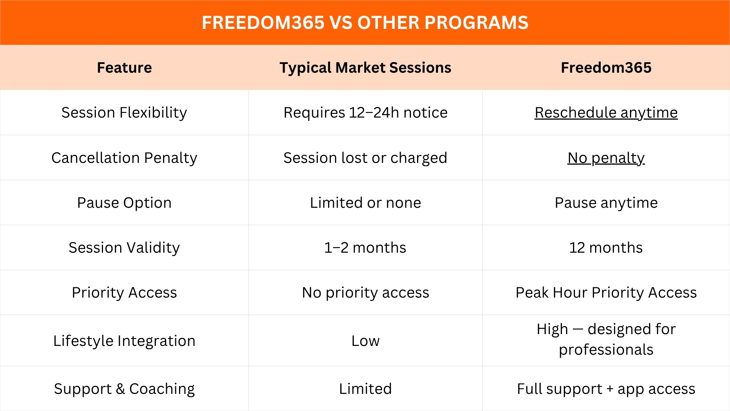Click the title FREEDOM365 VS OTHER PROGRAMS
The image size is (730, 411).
pyautogui.click(x=365, y=22)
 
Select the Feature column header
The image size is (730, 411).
pyautogui.click(x=124, y=67)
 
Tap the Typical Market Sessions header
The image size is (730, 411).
pyautogui.click(x=365, y=67)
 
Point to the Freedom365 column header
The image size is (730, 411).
pyautogui.click(x=606, y=67)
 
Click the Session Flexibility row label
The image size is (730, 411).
pyautogui.click(x=124, y=113)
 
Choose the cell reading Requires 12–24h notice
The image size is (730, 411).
pyautogui.click(x=365, y=113)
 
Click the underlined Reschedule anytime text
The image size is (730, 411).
pyautogui.click(x=606, y=113)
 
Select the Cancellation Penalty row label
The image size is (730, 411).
pyautogui.click(x=124, y=158)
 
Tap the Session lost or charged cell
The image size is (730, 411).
pyautogui.click(x=365, y=158)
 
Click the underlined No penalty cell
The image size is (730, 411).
pyautogui.click(x=606, y=158)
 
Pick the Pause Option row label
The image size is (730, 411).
pyautogui.click(x=124, y=202)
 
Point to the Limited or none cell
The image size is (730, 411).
pyautogui.click(x=365, y=202)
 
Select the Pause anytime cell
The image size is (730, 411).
pyautogui.click(x=606, y=202)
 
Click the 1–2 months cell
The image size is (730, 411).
pyautogui.click(x=365, y=247)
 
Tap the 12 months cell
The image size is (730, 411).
pyautogui.click(x=606, y=247)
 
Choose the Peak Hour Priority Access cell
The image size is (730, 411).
pyautogui.click(x=606, y=292)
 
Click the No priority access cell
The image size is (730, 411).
pyautogui.click(x=365, y=292)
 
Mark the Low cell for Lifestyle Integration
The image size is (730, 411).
pyautogui.click(x=365, y=341)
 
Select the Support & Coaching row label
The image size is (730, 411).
pyautogui.click(x=124, y=389)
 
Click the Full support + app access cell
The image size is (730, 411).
pyautogui.click(x=606, y=389)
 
